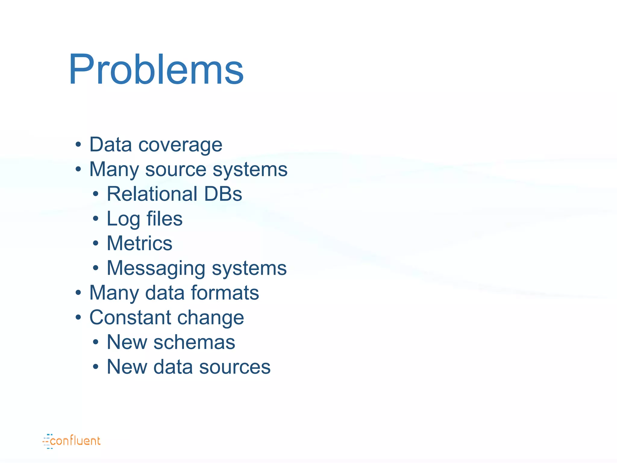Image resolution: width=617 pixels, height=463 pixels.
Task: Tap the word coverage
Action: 180,145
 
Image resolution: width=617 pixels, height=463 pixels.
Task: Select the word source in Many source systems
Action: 176,169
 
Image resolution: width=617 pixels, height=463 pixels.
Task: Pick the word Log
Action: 123,219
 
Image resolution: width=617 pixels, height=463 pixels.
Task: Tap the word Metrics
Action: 139,243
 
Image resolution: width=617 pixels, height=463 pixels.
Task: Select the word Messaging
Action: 156,268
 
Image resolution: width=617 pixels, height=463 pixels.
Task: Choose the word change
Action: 211,318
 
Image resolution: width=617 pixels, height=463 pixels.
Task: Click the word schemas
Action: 194,342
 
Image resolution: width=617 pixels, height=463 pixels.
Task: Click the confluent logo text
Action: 75,441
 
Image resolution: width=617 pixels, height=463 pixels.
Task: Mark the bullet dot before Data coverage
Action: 78,145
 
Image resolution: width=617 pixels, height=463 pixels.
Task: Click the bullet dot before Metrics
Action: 96,243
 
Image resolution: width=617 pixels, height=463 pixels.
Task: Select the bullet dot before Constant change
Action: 78,317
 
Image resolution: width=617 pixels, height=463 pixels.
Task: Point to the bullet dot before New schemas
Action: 96,342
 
